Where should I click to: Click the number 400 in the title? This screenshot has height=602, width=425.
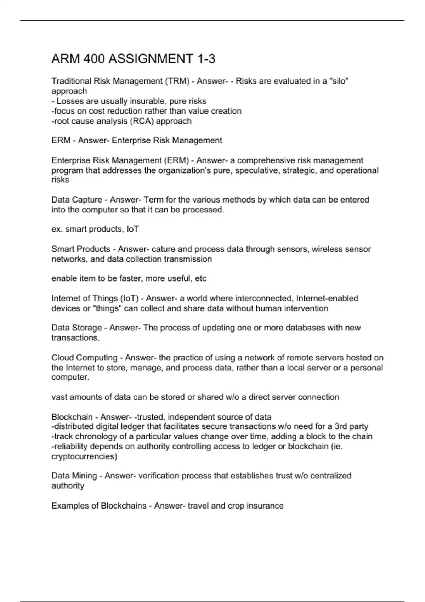(x=94, y=59)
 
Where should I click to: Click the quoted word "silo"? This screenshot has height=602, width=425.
(x=339, y=81)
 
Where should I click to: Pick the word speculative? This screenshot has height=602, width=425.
(x=257, y=170)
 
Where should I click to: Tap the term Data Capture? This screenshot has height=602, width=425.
(x=77, y=200)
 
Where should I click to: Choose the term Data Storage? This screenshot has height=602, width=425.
(x=77, y=328)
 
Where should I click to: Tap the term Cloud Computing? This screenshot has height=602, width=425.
(x=85, y=358)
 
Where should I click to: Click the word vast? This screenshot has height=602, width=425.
(x=59, y=397)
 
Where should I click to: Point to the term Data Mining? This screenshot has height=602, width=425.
(x=74, y=476)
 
